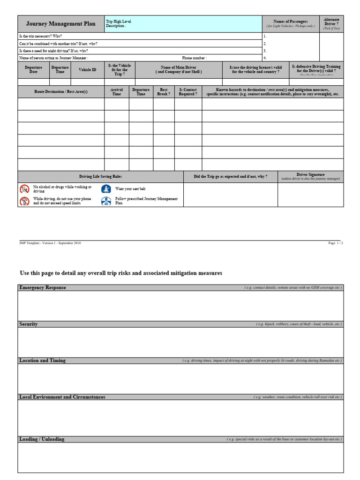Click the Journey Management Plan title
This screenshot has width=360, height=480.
click(60, 23)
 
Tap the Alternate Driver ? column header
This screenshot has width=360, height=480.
click(331, 23)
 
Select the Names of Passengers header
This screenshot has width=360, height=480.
click(291, 23)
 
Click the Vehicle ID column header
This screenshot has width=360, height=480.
click(87, 70)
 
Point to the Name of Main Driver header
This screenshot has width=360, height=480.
click(179, 70)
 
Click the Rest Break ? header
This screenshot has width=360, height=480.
click(164, 91)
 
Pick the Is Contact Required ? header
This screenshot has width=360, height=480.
click(188, 91)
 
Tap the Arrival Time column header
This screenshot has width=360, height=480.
click(116, 91)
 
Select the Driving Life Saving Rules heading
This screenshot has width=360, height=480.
click(101, 176)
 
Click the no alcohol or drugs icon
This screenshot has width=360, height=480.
click(24, 189)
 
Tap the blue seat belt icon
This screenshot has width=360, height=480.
click(106, 189)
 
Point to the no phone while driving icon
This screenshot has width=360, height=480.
click(24, 201)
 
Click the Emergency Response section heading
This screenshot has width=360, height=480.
click(43, 287)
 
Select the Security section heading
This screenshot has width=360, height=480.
click(29, 324)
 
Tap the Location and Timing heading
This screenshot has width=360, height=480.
click(42, 360)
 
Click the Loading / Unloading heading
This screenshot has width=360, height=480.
click(42, 439)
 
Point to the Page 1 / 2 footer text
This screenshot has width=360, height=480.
click(336, 243)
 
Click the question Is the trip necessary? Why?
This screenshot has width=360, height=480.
click(40, 36)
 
